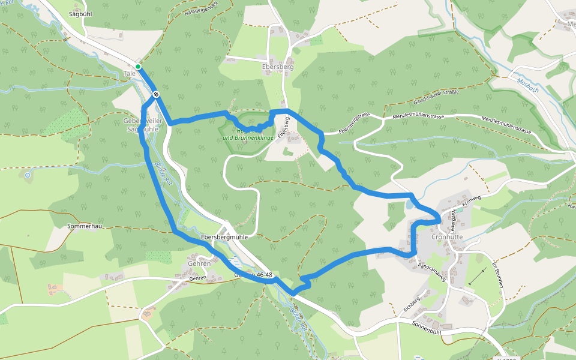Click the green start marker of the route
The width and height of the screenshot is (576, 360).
pos(138,66)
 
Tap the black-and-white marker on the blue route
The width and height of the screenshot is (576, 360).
pos(156,94)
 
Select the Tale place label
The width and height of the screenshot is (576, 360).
pos(129,73)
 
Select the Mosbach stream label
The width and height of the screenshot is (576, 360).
pos(527,83)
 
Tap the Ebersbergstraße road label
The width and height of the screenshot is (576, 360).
pos(353,123)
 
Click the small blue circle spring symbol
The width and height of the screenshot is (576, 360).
pos(27,175)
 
